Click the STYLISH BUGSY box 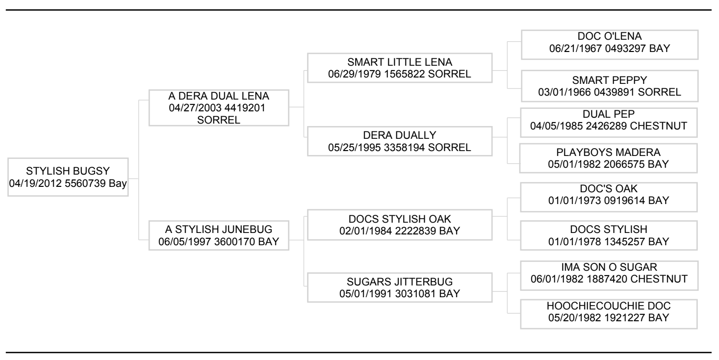tap(68, 177)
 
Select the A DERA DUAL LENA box tap(219, 108)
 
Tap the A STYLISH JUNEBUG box tap(219, 235)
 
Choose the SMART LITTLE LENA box tap(400, 68)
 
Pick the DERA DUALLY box tap(400, 141)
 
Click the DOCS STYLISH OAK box tap(400, 225)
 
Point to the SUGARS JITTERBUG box tap(400, 287)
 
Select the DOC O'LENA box tap(610, 45)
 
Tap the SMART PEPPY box tap(610, 86)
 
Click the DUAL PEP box tap(609, 123)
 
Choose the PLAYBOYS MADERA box tap(608, 158)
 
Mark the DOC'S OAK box tap(609, 197)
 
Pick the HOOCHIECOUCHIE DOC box tap(609, 314)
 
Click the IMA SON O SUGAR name tap(609, 267)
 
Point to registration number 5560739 tap(85, 183)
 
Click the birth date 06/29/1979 tap(355, 74)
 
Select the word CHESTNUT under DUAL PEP tap(658, 126)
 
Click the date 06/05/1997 tap(184, 241)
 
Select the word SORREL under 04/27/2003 tap(219, 120)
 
